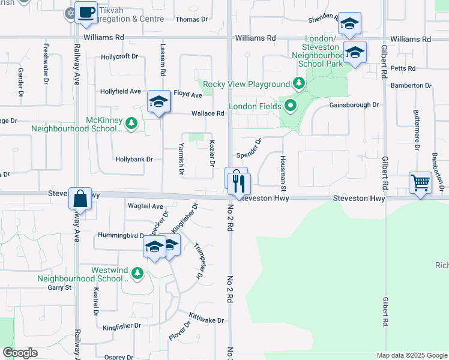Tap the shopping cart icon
[420, 182]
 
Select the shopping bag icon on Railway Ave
[80, 198]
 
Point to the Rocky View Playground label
[246, 84]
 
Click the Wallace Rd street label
[208, 113]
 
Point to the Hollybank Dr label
[134, 160]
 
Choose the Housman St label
[282, 170]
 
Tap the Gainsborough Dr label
[354, 104]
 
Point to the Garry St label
[59, 287]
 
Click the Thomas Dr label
[191, 19]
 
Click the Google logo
[20, 353]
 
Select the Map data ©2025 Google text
[411, 355]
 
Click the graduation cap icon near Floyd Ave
[158, 103]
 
